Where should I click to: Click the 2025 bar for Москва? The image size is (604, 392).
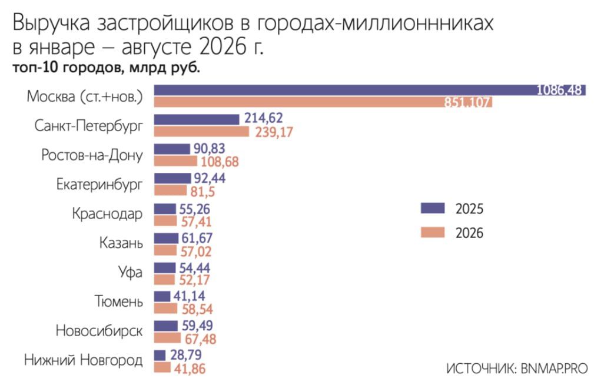pos(370,90)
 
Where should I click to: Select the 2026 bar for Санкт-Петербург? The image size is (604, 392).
pos(202,132)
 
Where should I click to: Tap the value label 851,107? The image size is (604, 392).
pos(468,102)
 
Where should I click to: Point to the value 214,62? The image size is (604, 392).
pos(264,118)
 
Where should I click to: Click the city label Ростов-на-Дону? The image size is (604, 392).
pos(92,155)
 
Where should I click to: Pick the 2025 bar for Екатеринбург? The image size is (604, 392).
pos(172,178)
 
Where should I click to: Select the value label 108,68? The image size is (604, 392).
pos(220,162)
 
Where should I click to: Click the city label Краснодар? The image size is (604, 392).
pos(107,213)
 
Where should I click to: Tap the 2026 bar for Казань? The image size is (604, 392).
pos(165,250)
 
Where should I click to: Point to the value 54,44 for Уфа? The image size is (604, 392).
pos(194,268)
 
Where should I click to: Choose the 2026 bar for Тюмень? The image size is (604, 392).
pos(165,309)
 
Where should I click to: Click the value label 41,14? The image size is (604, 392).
pos(189,296)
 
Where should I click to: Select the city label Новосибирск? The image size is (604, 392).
pos(99,330)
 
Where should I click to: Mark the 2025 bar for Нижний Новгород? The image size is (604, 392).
pos(160,355)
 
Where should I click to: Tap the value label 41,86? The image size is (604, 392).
pos(190,368)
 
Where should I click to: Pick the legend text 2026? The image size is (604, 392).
pos(469,233)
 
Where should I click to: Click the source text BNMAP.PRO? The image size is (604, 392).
pos(555,368)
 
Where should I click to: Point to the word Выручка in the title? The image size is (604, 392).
pos(51,23)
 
